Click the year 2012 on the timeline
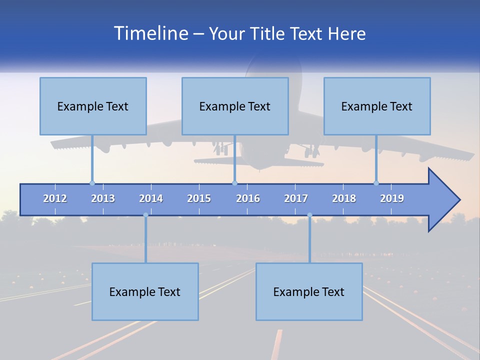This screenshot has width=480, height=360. pyautogui.click(x=55, y=198)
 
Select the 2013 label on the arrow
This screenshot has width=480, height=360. pyautogui.click(x=103, y=198)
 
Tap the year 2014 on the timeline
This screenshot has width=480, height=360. pyautogui.click(x=151, y=198)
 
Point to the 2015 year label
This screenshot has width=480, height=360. pyautogui.click(x=199, y=198)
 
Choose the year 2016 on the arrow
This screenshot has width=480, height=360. pyautogui.click(x=248, y=198)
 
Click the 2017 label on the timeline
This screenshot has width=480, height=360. pyautogui.click(x=296, y=198)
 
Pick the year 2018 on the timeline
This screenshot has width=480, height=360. pyautogui.click(x=344, y=198)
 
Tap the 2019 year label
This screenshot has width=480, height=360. pyautogui.click(x=392, y=198)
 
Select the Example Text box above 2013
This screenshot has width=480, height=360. pyautogui.click(x=93, y=106)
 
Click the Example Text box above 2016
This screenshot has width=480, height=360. pyautogui.click(x=235, y=106)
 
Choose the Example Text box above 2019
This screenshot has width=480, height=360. pyautogui.click(x=377, y=106)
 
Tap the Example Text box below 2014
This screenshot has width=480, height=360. pyautogui.click(x=145, y=291)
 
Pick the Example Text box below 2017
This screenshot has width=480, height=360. pyautogui.click(x=309, y=291)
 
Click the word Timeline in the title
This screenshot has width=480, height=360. pyautogui.click(x=150, y=33)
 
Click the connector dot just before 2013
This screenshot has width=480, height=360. pyautogui.click(x=92, y=183)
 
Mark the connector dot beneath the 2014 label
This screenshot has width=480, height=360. pyautogui.click(x=145, y=215)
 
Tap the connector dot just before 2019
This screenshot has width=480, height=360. pyautogui.click(x=376, y=183)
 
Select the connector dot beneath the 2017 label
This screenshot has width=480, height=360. pyautogui.click(x=309, y=215)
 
